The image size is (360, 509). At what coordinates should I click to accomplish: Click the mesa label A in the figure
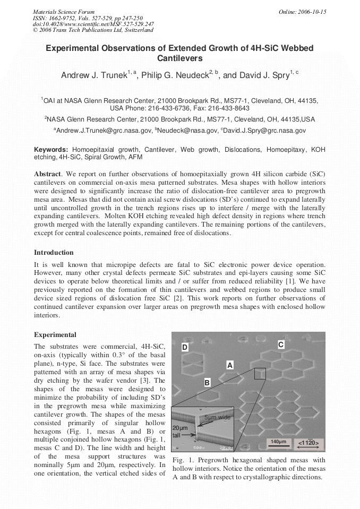point(230,365)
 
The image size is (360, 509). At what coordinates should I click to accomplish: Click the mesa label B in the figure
point(207,382)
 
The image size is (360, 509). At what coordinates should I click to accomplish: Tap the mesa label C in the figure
point(281,345)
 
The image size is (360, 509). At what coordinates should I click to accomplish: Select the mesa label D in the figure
point(185,348)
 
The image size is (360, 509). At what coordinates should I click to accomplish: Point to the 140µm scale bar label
point(278,442)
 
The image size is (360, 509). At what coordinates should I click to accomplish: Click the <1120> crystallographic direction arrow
point(308,443)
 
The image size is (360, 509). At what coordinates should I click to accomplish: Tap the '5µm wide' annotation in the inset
point(217,417)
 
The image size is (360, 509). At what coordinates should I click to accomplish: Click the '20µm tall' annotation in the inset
point(178,431)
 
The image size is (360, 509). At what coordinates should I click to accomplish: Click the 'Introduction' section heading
point(54,253)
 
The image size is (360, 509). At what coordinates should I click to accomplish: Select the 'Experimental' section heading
point(55,335)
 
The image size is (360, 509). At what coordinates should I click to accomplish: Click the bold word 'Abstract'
point(48,174)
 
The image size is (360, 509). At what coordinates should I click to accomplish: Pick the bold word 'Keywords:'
point(51,150)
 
